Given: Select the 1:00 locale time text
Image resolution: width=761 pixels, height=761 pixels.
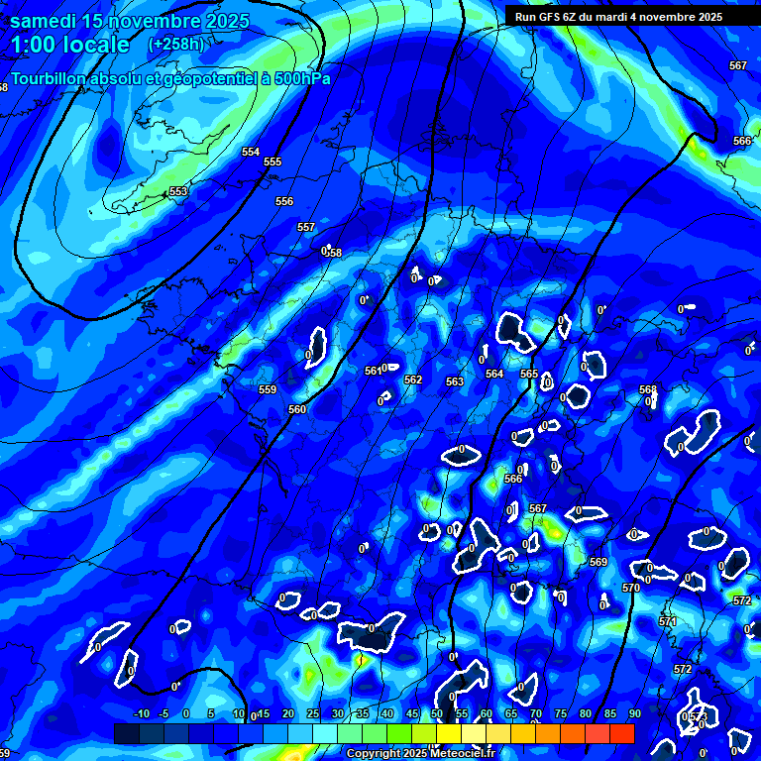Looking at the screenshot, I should pyautogui.click(x=69, y=45).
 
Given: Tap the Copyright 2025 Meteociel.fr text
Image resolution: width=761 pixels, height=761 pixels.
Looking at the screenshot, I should pyautogui.click(x=416, y=753).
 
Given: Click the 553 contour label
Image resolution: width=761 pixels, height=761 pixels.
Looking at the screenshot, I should pyautogui.click(x=178, y=191).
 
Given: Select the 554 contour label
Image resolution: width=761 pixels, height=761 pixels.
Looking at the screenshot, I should pyautogui.click(x=251, y=152).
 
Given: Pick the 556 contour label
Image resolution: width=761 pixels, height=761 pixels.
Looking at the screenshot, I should pyautogui.click(x=284, y=201).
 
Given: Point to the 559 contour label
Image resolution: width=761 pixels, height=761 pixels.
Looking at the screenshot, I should pyautogui.click(x=268, y=389).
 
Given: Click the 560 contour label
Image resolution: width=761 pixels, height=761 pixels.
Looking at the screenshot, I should pyautogui.click(x=297, y=409).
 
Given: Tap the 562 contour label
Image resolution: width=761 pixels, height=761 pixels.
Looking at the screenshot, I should pyautogui.click(x=413, y=380).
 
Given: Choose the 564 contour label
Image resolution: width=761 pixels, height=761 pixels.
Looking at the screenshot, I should pyautogui.click(x=494, y=374).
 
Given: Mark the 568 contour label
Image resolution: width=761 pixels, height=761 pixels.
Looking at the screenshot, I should pyautogui.click(x=648, y=389).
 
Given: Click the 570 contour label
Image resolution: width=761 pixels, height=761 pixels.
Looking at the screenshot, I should pyautogui.click(x=631, y=588).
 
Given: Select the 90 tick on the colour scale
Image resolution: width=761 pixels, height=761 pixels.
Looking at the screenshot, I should pyautogui.click(x=634, y=713).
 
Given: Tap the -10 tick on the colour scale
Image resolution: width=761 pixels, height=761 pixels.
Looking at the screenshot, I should pyautogui.click(x=141, y=713).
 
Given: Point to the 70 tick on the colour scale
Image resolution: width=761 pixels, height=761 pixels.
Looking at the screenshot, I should pyautogui.click(x=536, y=713).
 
